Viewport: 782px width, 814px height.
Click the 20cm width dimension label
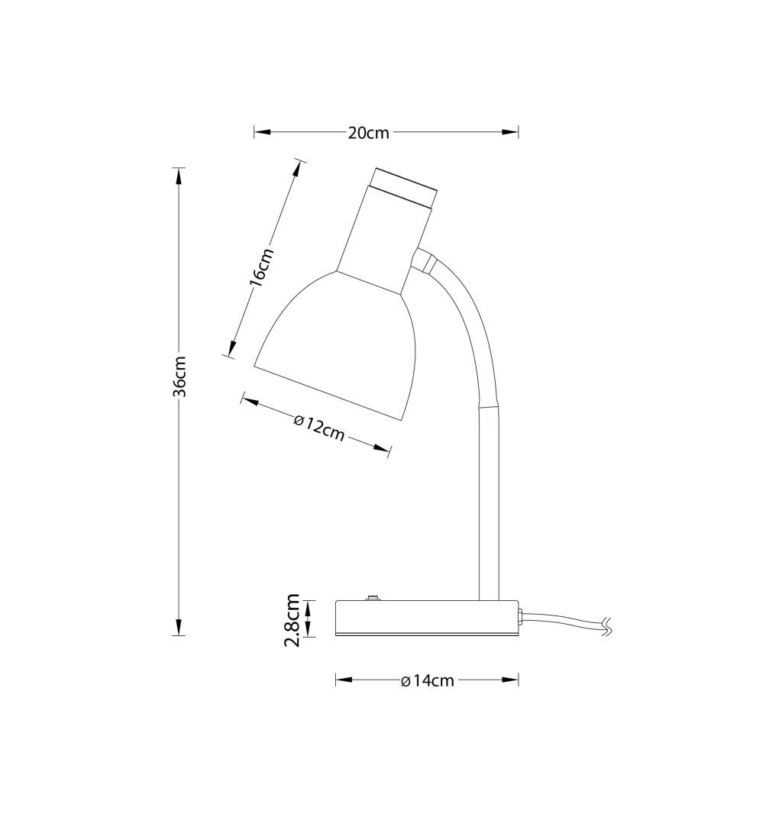coord(369,133)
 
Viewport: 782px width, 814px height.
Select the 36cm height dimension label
coord(179,376)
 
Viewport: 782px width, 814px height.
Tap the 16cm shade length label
coord(261,267)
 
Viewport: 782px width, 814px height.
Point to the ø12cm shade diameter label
coord(318,428)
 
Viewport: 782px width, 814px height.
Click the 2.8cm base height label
coord(292,620)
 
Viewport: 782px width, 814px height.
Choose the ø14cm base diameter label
coord(428,680)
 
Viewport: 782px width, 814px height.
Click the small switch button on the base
coord(372,598)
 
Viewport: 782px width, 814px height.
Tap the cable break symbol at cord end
coord(606,626)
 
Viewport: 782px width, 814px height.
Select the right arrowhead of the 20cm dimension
coord(510,132)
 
